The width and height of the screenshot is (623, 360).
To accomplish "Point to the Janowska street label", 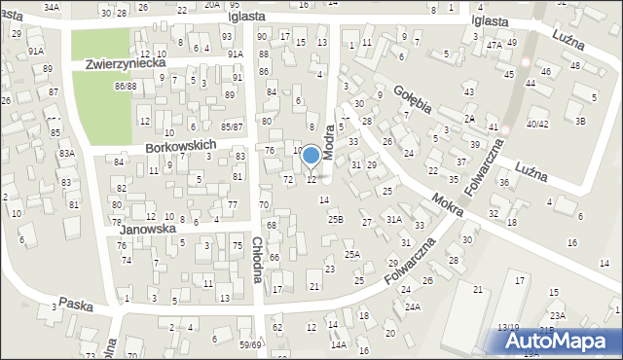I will (146, 230).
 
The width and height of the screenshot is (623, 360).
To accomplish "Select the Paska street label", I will (76, 305).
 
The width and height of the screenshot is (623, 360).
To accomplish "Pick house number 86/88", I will (125, 87).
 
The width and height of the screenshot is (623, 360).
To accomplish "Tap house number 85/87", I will (231, 126).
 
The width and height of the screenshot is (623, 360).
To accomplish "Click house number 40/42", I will (537, 124).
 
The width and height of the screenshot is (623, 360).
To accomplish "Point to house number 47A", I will (495, 45).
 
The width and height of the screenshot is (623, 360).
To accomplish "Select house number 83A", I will (66, 154).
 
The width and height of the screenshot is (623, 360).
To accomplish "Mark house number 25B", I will (335, 220).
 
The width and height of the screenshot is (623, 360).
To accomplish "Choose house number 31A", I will (393, 220).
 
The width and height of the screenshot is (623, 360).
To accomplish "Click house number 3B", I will (580, 121).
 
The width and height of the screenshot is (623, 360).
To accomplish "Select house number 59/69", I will (251, 344).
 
